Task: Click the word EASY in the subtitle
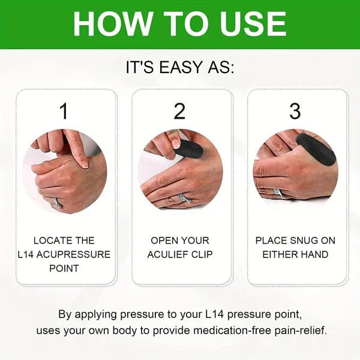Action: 179,67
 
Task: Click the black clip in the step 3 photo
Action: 316,148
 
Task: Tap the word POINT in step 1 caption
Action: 64,268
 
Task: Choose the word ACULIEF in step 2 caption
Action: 168,254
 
